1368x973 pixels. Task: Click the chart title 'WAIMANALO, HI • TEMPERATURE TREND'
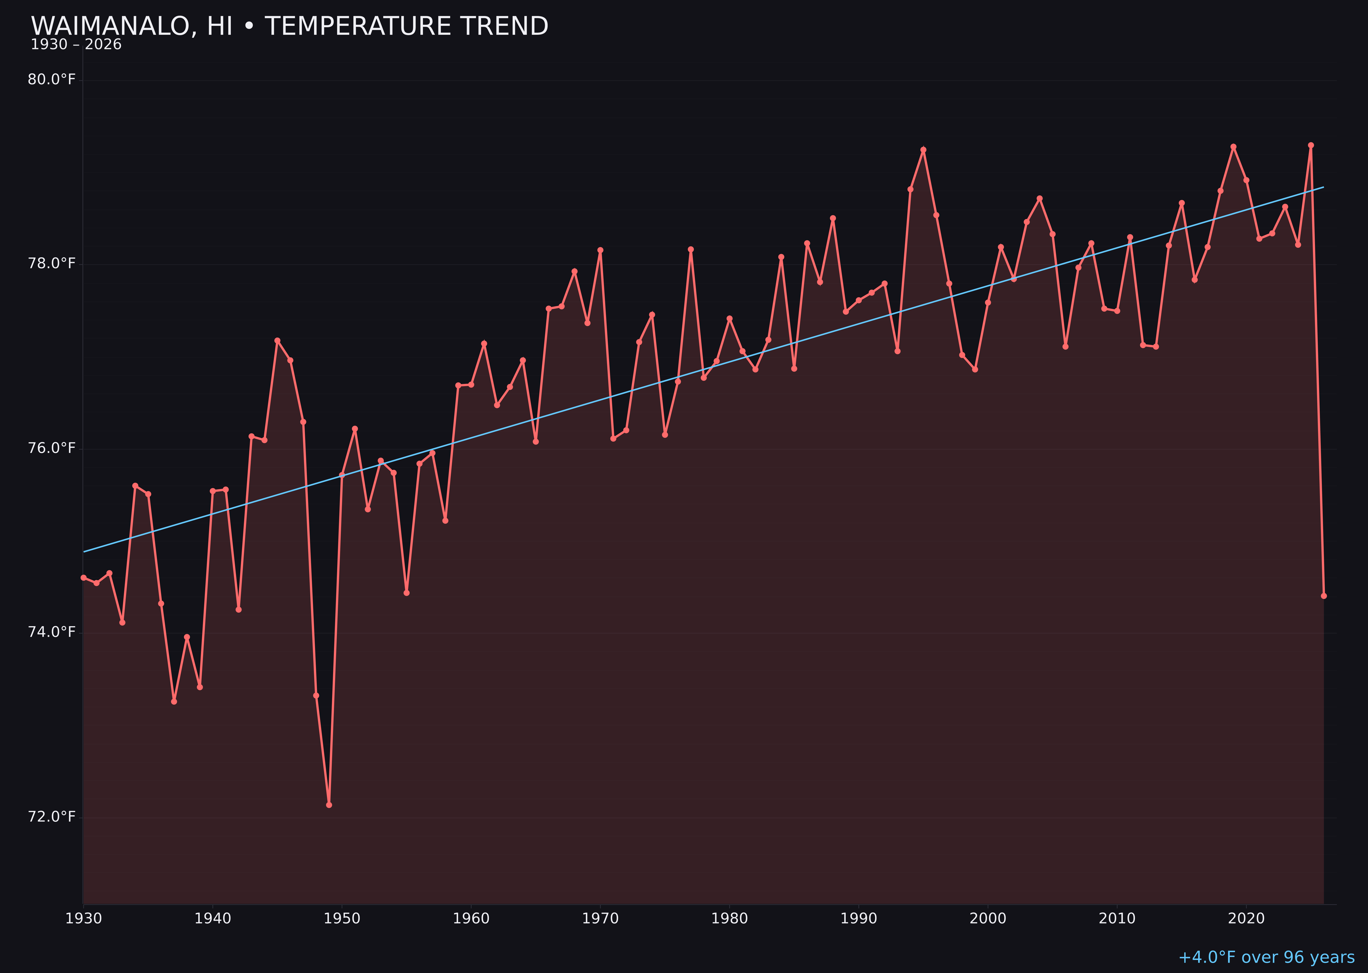[289, 26]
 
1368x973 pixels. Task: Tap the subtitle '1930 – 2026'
[76, 45]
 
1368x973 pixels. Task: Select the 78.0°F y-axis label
[52, 264]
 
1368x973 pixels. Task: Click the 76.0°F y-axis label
[52, 448]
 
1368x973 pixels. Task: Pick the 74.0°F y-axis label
[52, 632]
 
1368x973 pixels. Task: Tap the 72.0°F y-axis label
[52, 817]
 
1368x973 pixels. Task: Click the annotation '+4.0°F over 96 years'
[1266, 957]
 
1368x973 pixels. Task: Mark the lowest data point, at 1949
[329, 805]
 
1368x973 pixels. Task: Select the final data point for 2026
[1324, 596]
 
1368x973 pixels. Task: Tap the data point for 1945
[277, 340]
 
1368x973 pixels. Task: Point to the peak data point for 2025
[1311, 145]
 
